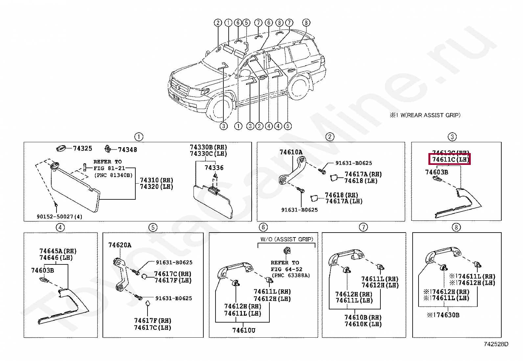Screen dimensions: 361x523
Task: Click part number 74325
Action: [82, 148]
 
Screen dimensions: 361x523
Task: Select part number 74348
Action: [127, 149]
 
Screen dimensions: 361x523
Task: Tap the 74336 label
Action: [214, 168]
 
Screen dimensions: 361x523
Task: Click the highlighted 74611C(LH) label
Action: [449, 160]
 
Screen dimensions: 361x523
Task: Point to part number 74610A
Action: [291, 152]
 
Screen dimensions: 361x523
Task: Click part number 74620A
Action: [120, 245]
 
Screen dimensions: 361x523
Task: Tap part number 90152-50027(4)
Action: [59, 217]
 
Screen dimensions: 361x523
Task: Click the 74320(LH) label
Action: [156, 187]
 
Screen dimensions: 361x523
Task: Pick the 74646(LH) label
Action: [56, 258]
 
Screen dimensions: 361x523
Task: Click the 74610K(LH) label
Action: [363, 324]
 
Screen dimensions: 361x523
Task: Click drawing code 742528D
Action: [496, 344]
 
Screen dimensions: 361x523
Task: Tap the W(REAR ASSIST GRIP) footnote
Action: [425, 115]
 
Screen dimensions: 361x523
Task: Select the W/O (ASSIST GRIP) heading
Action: [287, 239]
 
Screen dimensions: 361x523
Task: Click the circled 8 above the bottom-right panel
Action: [456, 227]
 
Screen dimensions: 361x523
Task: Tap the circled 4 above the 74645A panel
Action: [60, 227]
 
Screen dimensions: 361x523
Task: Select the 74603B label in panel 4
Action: [42, 270]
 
